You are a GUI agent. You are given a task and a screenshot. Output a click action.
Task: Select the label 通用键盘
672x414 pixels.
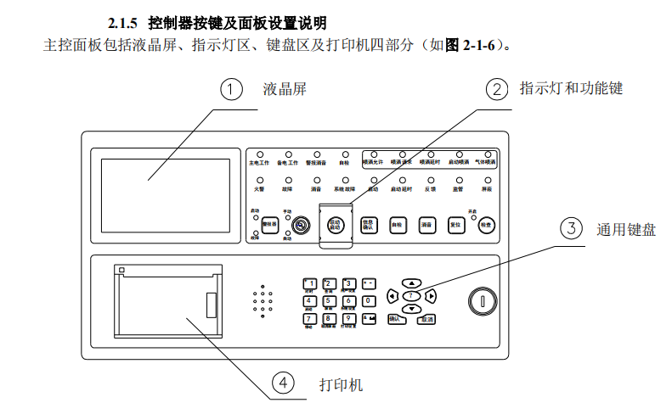click(x=626, y=228)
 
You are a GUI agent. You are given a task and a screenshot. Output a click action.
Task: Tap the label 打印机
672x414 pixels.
click(x=341, y=385)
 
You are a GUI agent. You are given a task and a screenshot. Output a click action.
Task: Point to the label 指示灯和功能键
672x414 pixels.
click(x=571, y=88)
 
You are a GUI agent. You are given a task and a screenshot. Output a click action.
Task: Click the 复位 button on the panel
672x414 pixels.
click(x=455, y=226)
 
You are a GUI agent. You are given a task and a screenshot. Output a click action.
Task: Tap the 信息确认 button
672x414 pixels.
click(x=368, y=226)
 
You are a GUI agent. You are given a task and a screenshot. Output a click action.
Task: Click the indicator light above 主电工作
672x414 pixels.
click(x=258, y=154)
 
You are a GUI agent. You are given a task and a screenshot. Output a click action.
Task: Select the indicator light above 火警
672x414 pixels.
click(x=258, y=180)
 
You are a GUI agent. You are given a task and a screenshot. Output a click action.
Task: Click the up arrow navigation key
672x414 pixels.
click(x=411, y=283)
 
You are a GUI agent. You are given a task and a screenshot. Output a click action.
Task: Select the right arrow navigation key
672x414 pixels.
click(x=432, y=296)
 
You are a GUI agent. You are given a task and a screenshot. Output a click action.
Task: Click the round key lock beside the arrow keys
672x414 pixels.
click(x=482, y=301)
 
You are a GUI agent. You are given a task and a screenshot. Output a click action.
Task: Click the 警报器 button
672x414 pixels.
click(x=271, y=223)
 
